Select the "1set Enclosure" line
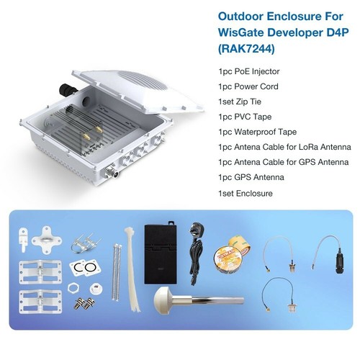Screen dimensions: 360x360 pos(243,192)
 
